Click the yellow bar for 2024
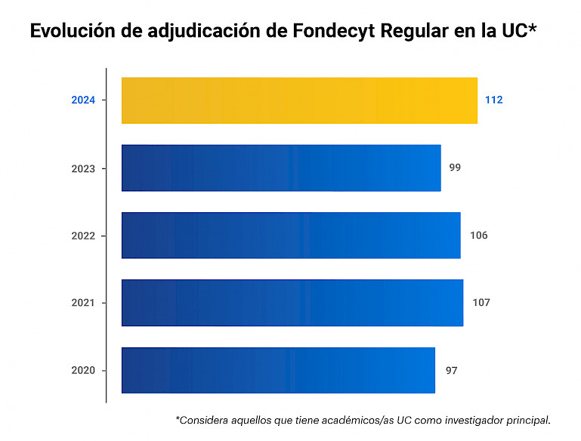coord(299,100)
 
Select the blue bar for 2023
coord(281,168)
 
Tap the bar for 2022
coord(291,235)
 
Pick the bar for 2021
coord(292,303)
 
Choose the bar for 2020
coord(278,370)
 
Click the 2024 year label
coord(83,100)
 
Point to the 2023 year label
coord(83,168)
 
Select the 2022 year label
coord(83,236)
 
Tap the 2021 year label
coord(83,303)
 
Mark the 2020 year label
coord(83,371)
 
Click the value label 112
coord(494,100)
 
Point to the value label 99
coord(455,167)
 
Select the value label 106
coord(478,235)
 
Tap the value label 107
coord(481,302)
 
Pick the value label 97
coord(451,370)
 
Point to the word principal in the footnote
coord(527,420)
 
